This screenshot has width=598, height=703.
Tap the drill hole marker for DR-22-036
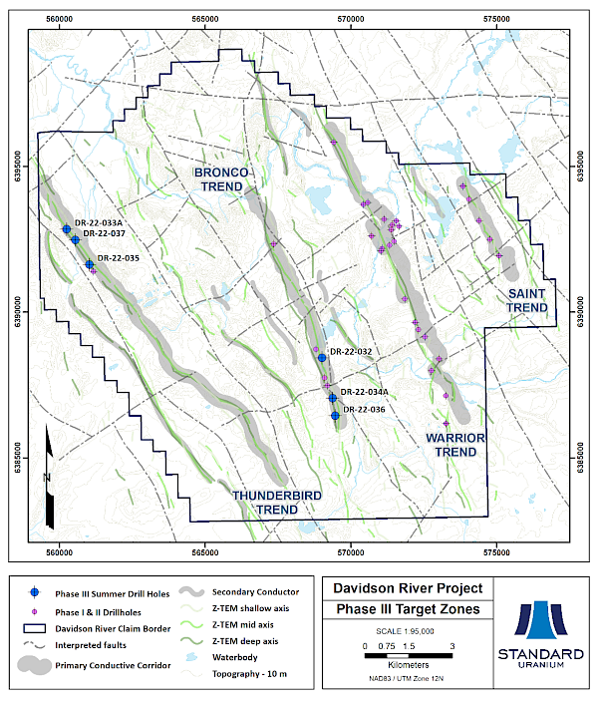tap(335, 416)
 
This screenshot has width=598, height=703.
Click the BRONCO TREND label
tap(221, 179)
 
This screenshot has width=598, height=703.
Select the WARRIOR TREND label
tap(455, 445)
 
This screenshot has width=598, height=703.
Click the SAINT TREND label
tap(527, 300)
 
